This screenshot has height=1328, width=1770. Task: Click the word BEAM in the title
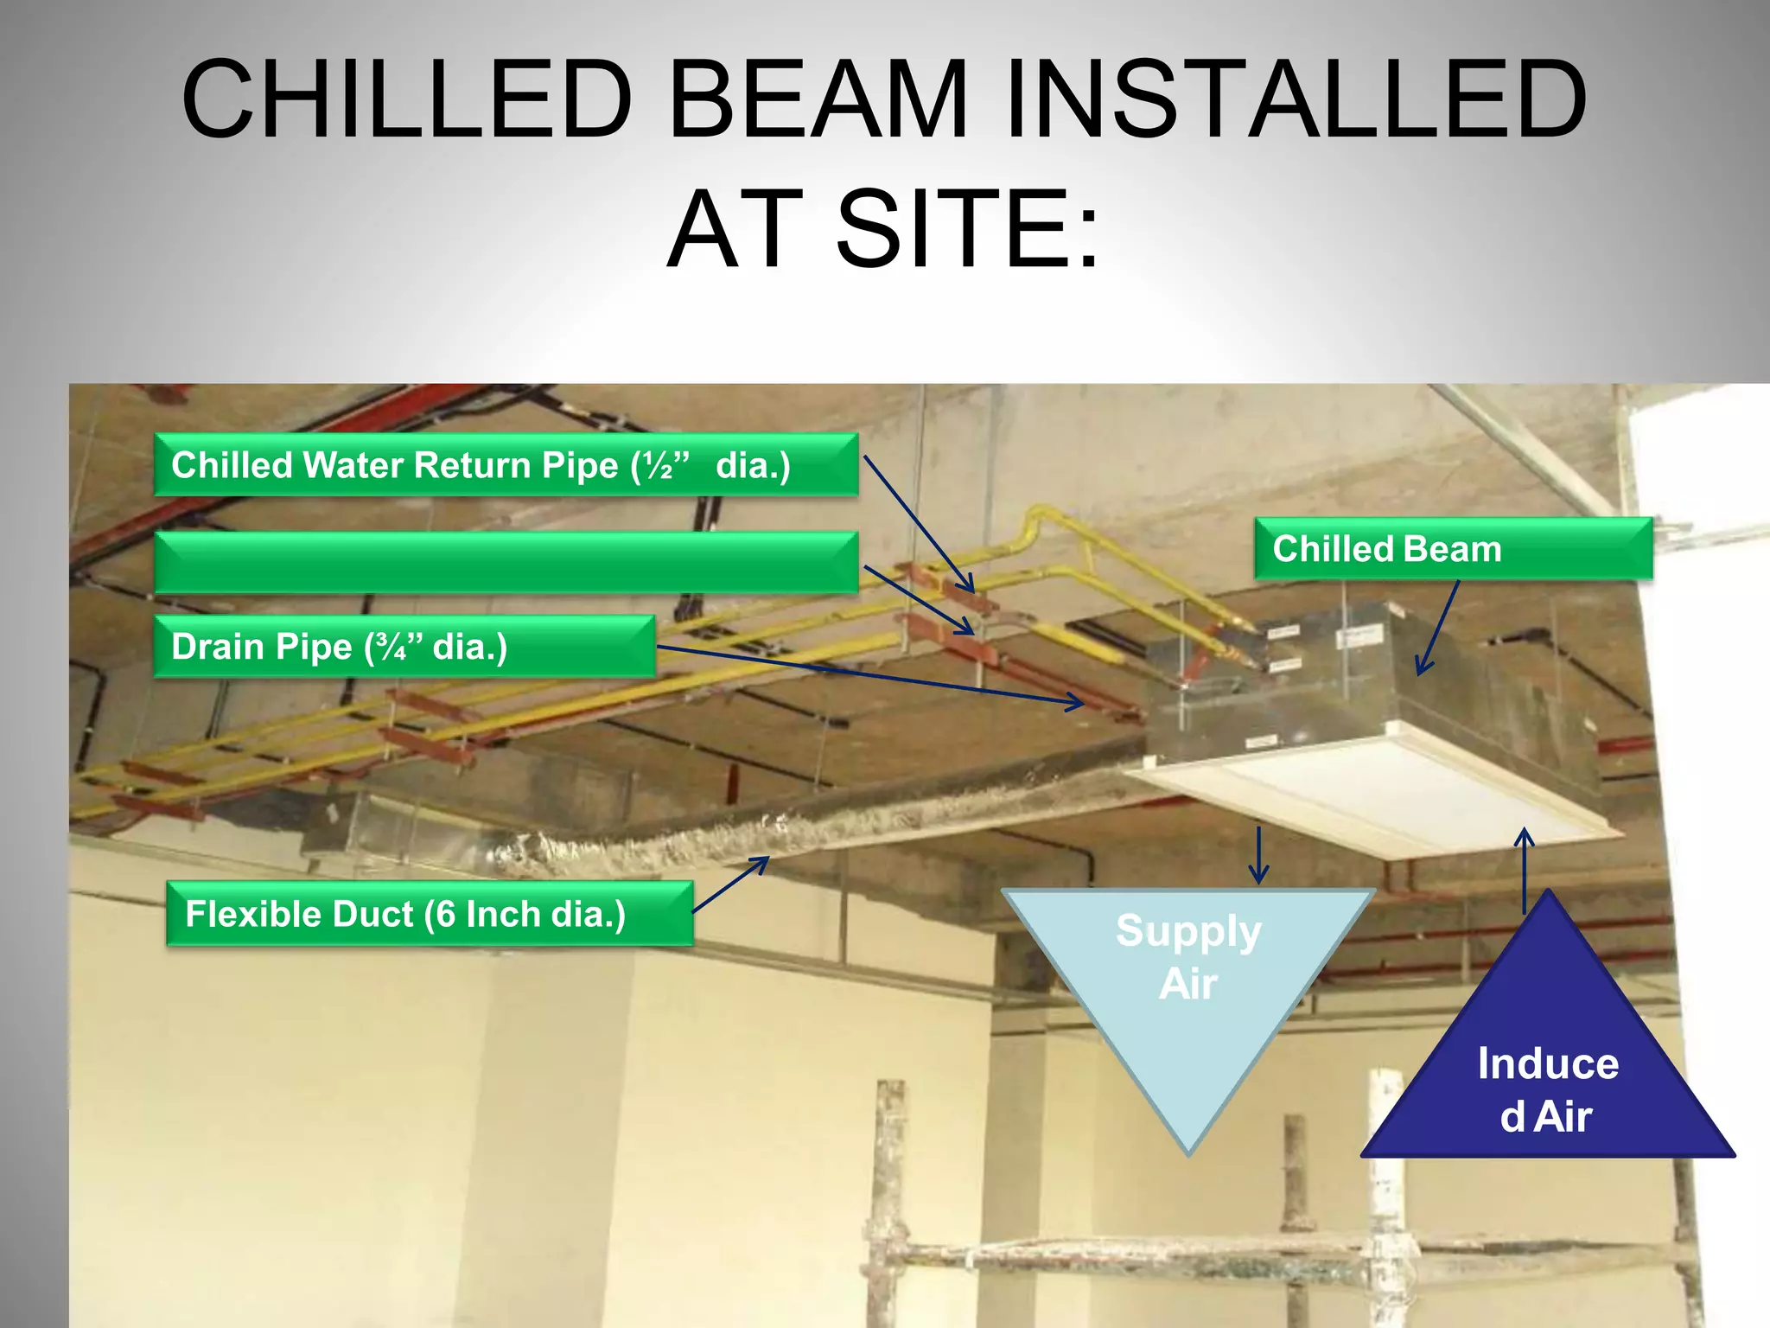click(x=817, y=98)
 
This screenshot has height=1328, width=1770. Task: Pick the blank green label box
click(x=506, y=563)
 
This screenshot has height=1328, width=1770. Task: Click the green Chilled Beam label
click(x=1453, y=549)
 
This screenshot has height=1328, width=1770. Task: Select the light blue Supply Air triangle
click(x=1188, y=977)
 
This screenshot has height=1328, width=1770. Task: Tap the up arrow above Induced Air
click(x=1525, y=870)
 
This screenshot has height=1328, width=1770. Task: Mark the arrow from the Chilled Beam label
click(x=1437, y=628)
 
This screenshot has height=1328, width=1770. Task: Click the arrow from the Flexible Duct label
click(x=730, y=884)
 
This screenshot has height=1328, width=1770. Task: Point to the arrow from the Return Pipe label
click(x=919, y=523)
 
